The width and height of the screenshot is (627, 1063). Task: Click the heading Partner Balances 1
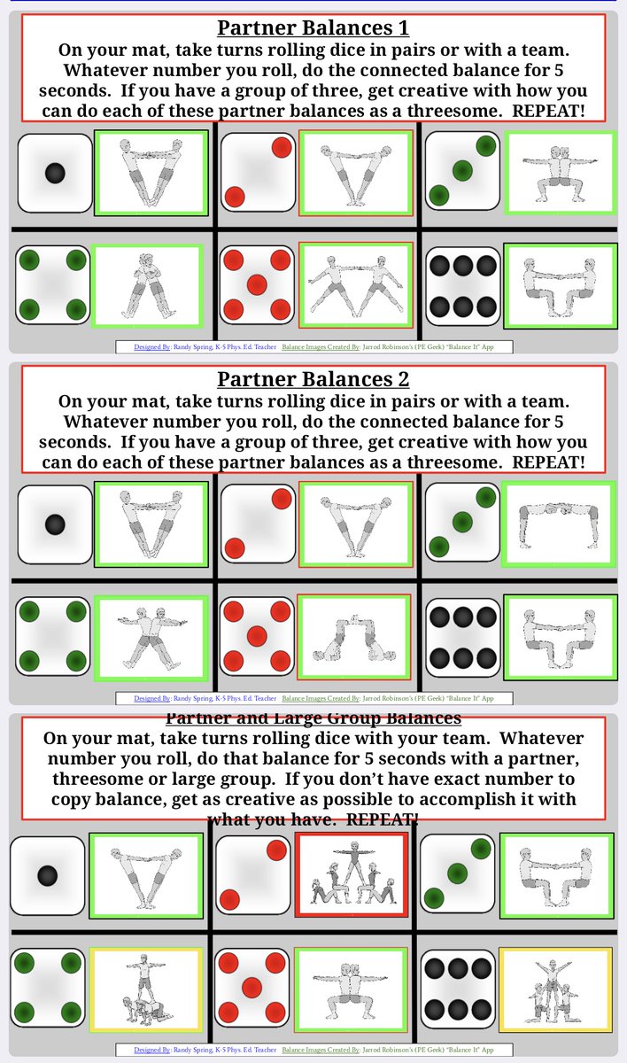(313, 27)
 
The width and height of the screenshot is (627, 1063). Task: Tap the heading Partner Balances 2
(313, 379)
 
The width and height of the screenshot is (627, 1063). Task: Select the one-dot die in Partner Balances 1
(55, 173)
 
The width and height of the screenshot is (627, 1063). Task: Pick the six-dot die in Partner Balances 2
(462, 634)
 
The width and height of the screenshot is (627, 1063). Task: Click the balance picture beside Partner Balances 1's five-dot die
(355, 284)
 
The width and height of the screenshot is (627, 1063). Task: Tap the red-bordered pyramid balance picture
(352, 875)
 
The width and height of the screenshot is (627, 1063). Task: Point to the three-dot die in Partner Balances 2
(462, 523)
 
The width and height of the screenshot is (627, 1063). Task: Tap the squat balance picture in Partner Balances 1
(560, 172)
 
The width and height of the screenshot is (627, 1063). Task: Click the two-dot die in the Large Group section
(252, 875)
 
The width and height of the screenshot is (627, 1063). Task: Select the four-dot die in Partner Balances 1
(54, 284)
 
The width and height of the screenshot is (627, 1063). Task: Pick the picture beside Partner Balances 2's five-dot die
(355, 634)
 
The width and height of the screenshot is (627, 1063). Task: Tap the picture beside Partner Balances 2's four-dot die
(151, 634)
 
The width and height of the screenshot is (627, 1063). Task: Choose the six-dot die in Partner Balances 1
(462, 285)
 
